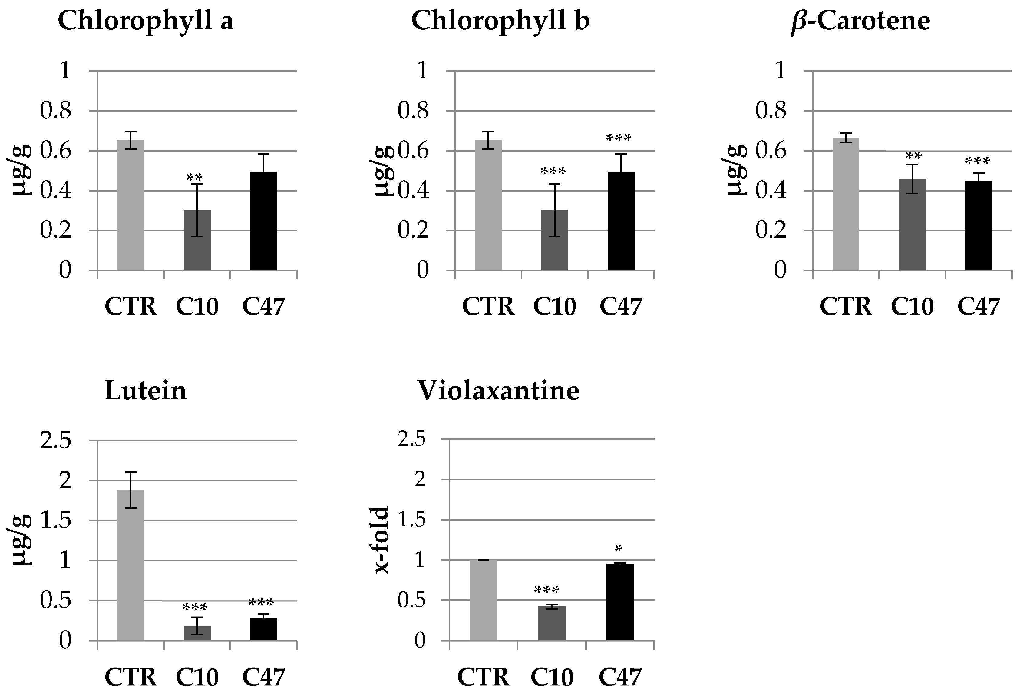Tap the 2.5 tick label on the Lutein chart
[56, 441]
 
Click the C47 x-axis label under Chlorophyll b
[621, 307]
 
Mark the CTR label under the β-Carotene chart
[846, 307]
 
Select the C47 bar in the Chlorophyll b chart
[621, 221]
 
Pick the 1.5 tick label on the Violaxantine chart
[412, 520]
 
